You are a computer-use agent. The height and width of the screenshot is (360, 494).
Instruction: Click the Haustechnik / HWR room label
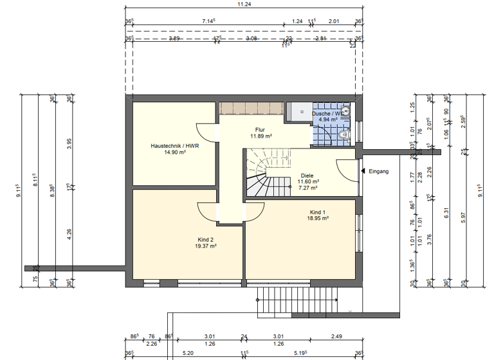(x=175, y=146)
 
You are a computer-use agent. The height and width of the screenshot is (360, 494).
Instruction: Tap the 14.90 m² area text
(x=175, y=153)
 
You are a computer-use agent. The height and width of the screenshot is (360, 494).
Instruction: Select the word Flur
(x=260, y=129)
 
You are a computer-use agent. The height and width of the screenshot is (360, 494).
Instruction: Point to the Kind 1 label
(x=318, y=212)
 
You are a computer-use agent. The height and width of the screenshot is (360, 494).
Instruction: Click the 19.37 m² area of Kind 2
(x=206, y=246)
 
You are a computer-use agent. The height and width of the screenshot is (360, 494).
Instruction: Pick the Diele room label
(x=307, y=174)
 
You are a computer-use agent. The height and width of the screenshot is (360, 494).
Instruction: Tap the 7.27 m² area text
(x=307, y=188)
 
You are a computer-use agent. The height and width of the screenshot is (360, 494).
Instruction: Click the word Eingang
(x=379, y=172)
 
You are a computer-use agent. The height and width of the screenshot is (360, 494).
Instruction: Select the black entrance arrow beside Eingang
(x=363, y=171)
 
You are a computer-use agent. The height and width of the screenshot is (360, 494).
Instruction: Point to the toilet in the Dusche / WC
(x=343, y=135)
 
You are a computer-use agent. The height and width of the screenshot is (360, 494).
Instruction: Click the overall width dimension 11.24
(x=244, y=4)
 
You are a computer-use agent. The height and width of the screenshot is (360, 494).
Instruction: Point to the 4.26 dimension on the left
(x=69, y=233)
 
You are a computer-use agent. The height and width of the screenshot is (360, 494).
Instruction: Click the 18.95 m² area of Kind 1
(x=318, y=219)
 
